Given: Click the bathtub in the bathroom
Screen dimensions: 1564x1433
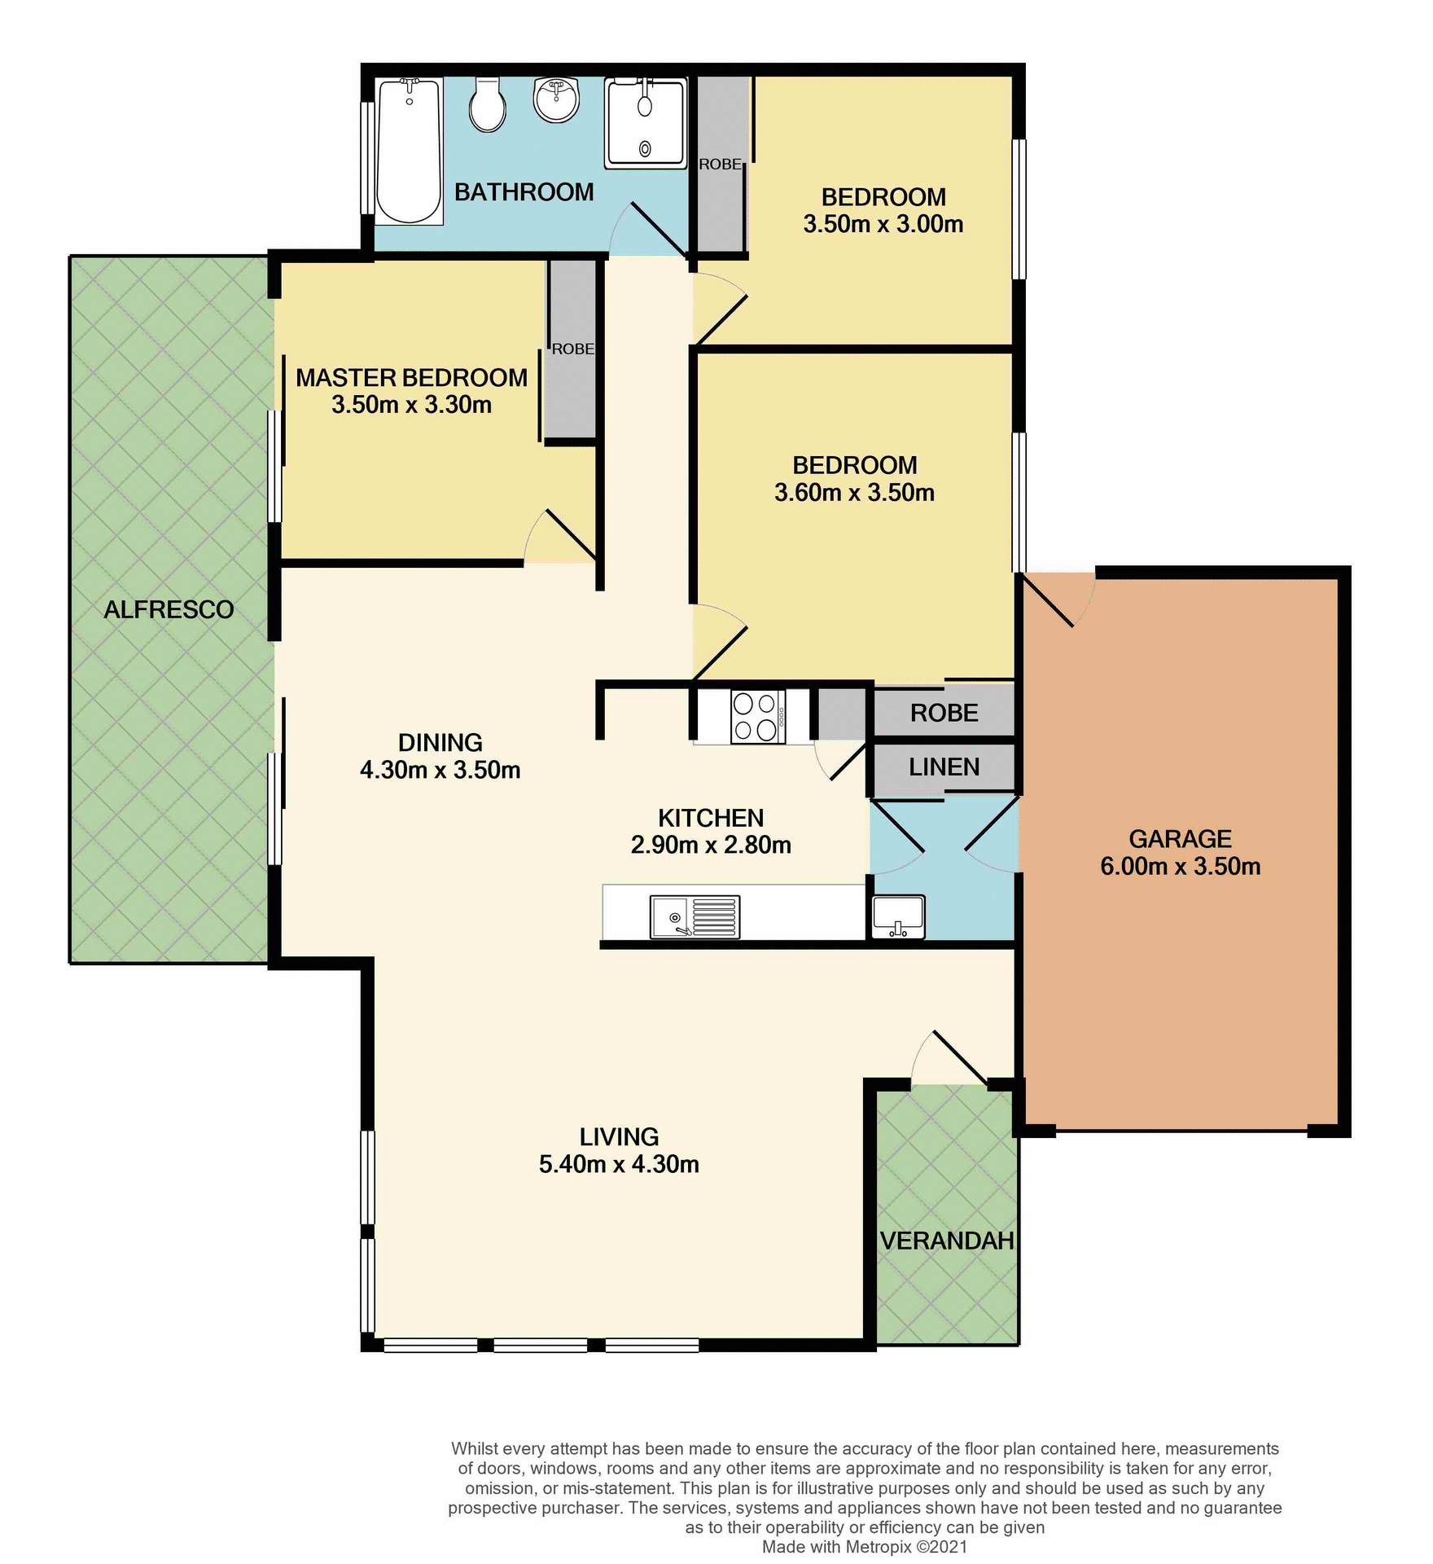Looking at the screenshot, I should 409,152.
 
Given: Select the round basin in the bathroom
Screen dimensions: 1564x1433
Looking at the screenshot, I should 556,99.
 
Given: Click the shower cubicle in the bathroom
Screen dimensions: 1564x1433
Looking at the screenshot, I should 646,123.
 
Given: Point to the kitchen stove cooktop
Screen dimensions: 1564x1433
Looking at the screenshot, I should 757,717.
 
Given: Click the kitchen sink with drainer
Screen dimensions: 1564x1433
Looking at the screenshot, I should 695,916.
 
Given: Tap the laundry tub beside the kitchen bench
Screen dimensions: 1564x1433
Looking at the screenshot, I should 898,916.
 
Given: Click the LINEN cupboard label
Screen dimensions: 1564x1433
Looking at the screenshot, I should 944,767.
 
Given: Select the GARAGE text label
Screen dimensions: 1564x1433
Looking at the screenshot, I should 1180,839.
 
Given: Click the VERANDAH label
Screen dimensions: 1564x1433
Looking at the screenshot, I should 947,1241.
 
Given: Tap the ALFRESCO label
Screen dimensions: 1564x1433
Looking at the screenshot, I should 169,609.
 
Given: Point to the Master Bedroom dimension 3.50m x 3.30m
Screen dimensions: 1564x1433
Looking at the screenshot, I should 411,405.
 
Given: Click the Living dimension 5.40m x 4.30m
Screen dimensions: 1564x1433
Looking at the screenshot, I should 619,1164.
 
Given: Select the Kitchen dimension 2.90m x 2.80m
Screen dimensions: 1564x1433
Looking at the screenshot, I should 711,846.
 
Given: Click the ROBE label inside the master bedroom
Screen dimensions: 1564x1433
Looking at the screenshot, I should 572,349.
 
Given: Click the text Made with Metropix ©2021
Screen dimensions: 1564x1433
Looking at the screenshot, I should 865,1546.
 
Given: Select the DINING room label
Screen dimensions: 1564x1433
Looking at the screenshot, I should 440,742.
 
